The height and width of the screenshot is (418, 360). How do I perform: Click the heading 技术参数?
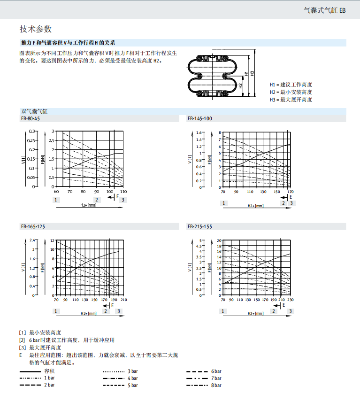pyautogui.click(x=35, y=29)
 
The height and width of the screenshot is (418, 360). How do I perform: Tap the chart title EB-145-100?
pyautogui.click(x=200, y=118)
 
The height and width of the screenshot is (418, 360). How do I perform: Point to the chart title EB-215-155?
pyautogui.click(x=200, y=226)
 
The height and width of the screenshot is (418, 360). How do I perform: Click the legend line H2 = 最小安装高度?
pyautogui.click(x=291, y=92)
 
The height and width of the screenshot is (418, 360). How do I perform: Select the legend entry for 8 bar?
pyautogui.click(x=216, y=385)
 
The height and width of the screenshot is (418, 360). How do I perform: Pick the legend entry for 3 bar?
pyautogui.click(x=132, y=371)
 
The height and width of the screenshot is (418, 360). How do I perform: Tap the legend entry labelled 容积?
pyautogui.click(x=55, y=371)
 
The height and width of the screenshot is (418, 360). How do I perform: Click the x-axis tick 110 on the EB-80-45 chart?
pyautogui.click(x=123, y=192)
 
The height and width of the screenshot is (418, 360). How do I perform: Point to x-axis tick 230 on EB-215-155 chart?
pyautogui.click(x=291, y=300)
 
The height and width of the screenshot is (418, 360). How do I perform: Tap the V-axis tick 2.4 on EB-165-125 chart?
pyautogui.click(x=33, y=240)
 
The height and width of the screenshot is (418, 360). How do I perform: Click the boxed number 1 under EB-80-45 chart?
pyautogui.click(x=56, y=200)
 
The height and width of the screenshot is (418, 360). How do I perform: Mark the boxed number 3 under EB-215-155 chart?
pyautogui.click(x=291, y=311)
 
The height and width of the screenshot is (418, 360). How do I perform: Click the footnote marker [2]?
pyautogui.click(x=22, y=340)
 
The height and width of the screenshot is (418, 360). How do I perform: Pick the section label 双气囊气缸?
pyautogui.click(x=34, y=111)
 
